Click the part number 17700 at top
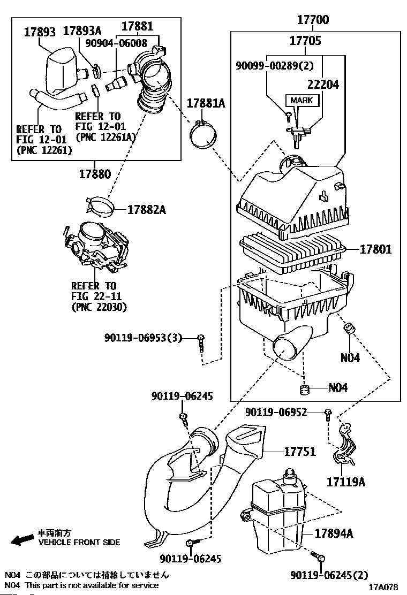(313, 21)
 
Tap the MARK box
(302, 101)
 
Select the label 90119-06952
(284, 412)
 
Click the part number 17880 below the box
(95, 174)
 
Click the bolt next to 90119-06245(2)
(320, 559)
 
